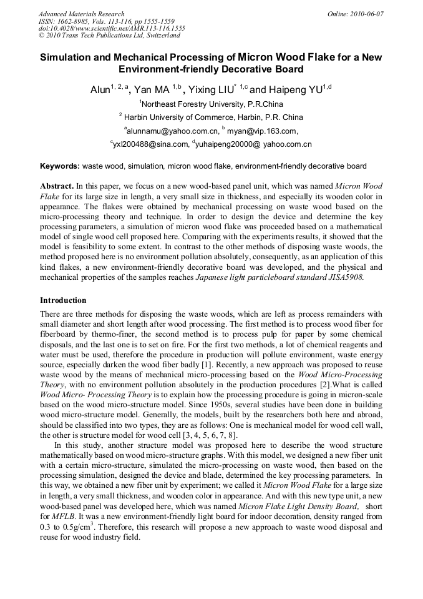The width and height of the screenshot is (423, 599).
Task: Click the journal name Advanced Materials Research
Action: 81,14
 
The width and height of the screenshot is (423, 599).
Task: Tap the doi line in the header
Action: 112,29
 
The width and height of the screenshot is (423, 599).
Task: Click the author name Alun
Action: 100,90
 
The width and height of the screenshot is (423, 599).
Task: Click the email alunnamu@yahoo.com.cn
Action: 173,131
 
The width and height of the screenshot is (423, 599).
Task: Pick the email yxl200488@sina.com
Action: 150,144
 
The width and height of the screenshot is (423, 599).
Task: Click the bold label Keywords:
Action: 60,167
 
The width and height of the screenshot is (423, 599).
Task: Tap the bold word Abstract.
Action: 57,186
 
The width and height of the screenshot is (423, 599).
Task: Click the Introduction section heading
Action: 63,300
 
